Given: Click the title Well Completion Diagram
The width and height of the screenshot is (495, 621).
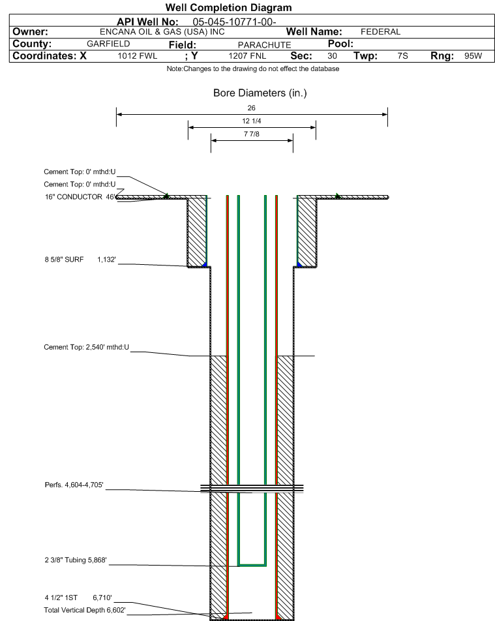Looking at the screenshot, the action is click(x=228, y=8).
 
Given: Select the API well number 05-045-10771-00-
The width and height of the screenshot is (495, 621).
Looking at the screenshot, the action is click(x=234, y=22).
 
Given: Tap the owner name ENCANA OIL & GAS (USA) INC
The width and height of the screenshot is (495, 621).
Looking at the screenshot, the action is click(x=162, y=32).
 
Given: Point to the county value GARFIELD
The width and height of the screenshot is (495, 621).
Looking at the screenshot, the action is click(x=108, y=44).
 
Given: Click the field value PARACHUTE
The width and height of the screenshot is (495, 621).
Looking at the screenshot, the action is click(x=264, y=45).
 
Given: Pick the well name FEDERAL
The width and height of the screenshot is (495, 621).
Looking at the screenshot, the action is click(x=380, y=32).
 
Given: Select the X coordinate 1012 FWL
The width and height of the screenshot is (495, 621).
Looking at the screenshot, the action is click(x=137, y=56).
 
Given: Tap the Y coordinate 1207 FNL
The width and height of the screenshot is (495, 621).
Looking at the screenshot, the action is click(x=247, y=56).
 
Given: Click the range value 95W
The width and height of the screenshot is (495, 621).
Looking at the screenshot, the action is click(x=473, y=56).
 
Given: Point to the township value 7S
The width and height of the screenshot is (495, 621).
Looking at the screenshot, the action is click(x=403, y=56).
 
